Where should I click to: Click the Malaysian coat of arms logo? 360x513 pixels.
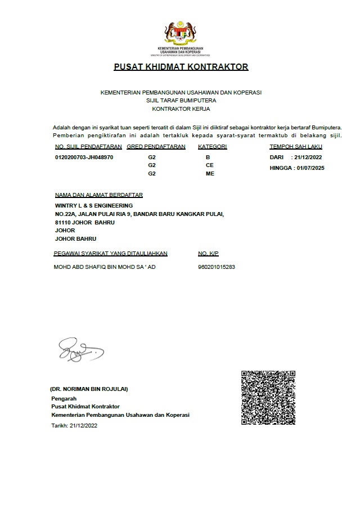coord(180,34)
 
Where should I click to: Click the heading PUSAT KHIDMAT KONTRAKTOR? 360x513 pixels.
coord(181,67)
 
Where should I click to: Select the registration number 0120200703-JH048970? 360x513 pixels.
coord(84,157)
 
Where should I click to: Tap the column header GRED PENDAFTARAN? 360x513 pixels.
coord(156,147)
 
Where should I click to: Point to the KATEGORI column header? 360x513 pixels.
coord(212,147)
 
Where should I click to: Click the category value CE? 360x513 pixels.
coord(210,165)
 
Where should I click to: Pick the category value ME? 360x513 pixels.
coord(210,174)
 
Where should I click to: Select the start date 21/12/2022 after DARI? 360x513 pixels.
coord(308,157)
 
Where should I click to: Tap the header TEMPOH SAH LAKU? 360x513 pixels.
coord(295,147)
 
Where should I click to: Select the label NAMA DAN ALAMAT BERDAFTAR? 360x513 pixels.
coord(98,195)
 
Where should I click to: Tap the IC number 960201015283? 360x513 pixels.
coord(217,267)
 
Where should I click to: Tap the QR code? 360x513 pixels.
coord(268,398)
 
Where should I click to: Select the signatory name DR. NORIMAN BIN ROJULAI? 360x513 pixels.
coord(89,389)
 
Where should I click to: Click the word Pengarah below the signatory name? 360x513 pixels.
coord(64,398)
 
